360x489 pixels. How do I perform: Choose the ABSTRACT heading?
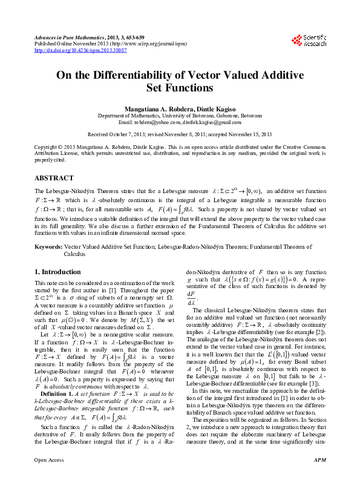(x=55, y=162)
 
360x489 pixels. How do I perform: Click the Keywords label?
(x=48, y=248)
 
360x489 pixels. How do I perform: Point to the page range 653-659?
(x=124, y=38)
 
